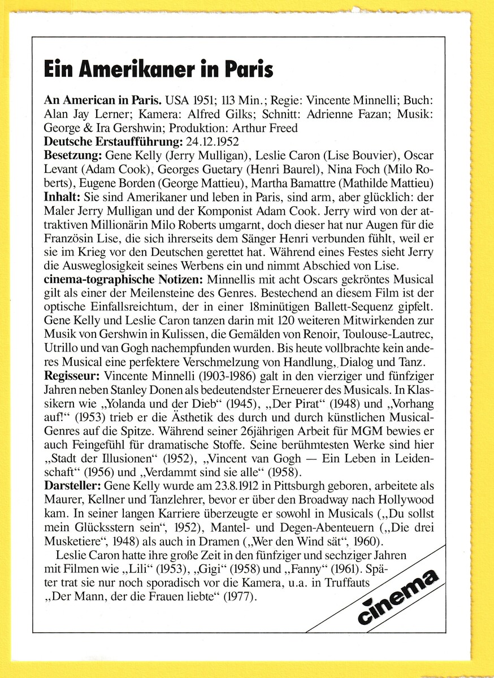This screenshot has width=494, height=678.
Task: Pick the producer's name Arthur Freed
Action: click(271, 128)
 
